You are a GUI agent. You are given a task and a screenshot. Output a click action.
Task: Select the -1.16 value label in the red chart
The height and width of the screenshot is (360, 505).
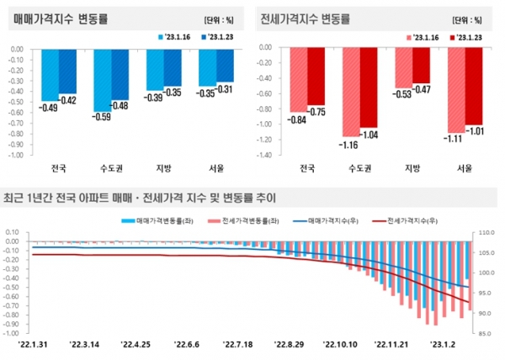[x=349, y=145]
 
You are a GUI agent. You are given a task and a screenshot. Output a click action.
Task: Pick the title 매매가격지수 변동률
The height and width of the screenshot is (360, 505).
[x=56, y=18]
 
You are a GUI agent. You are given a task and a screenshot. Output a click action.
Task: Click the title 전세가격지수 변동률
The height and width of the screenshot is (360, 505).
[x=306, y=18]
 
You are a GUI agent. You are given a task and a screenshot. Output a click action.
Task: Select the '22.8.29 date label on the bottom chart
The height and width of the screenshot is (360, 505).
[x=289, y=344]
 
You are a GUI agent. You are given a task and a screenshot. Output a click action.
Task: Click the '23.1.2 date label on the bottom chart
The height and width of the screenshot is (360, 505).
[x=442, y=344]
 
